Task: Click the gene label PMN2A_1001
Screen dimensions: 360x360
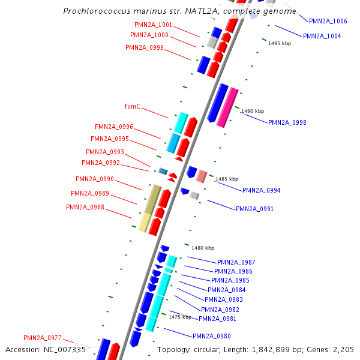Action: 154,25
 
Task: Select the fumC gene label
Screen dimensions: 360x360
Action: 133,106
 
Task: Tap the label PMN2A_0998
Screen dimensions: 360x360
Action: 287,122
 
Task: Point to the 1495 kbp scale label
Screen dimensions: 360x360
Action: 280,43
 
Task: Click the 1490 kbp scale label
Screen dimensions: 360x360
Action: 252,111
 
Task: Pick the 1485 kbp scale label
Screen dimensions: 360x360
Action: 227,179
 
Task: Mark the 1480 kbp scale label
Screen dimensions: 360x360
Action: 203,247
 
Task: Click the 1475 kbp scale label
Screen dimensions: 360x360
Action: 180,316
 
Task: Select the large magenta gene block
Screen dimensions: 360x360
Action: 227,107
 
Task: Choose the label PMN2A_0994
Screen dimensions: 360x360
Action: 261,190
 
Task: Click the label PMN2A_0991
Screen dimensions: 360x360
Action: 254,209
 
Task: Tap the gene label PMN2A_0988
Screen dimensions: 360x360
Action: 85,207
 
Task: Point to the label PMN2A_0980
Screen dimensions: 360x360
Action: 211,336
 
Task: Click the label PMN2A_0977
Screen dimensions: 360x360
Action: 43,338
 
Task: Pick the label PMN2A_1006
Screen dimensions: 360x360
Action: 328,21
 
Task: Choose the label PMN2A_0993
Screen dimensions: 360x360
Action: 105,152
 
